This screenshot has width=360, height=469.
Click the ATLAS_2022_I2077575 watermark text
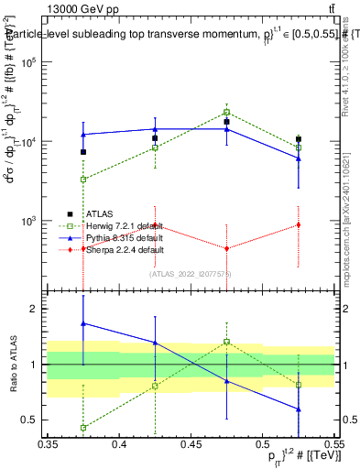[189, 273]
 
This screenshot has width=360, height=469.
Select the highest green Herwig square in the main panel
[226, 113]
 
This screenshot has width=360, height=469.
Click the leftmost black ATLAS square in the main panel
[83, 152]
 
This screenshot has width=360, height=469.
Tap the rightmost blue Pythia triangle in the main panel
[298, 158]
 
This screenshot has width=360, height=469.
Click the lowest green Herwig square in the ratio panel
[83, 428]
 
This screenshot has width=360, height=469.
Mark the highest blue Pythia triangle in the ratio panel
[83, 323]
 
